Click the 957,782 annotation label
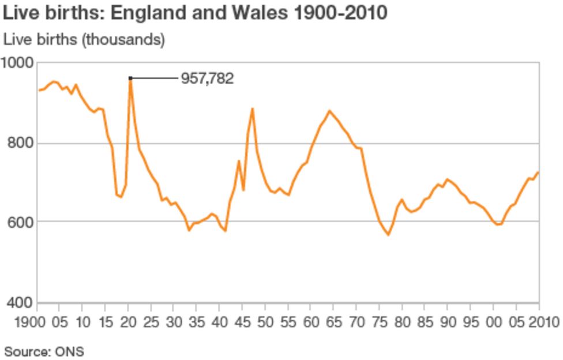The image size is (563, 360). click(207, 78)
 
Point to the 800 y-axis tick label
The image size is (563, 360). click(20, 143)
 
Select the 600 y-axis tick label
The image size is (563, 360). click(20, 222)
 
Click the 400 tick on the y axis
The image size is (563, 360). click(20, 302)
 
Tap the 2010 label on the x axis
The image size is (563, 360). click(540, 321)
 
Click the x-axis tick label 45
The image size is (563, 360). click(242, 321)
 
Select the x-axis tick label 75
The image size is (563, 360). click(379, 321)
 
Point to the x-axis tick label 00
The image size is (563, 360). click(493, 321)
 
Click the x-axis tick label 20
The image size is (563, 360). click(128, 321)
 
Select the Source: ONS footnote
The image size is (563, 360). click(44, 351)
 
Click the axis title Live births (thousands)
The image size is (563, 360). click(84, 40)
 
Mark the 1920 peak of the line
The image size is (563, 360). click(130, 79)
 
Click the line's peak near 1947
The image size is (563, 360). click(252, 108)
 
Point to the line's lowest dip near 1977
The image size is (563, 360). click(388, 235)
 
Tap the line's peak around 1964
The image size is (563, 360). click(329, 111)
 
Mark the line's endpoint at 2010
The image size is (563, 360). click(539, 172)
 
